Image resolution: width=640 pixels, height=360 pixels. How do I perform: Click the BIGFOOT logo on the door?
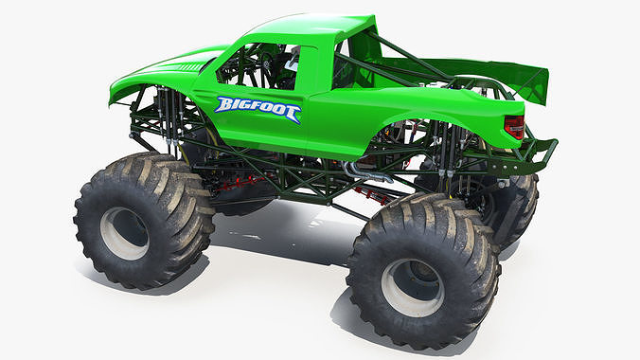click(x=257, y=109)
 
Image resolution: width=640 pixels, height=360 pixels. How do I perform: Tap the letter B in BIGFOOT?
click(x=223, y=104)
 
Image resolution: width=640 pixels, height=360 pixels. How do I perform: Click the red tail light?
click(x=514, y=126)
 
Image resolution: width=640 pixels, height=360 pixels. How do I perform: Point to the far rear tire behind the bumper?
click(x=516, y=204)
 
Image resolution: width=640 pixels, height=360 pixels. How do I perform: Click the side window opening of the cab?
click(x=256, y=66)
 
